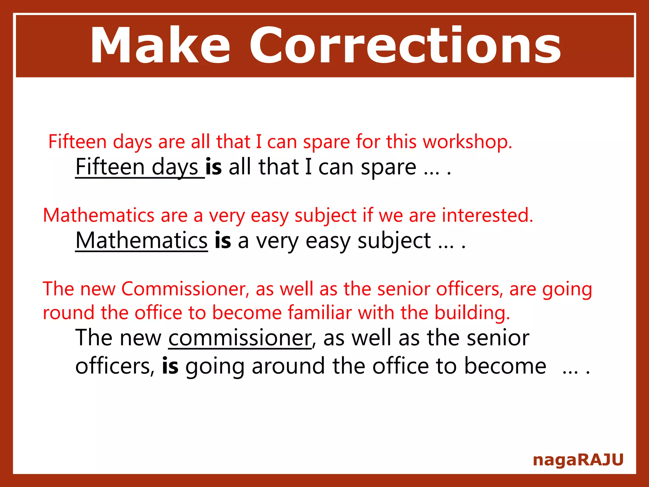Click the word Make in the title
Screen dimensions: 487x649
[x=160, y=46]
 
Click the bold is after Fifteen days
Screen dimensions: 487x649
[x=213, y=167]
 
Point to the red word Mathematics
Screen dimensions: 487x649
[x=99, y=215]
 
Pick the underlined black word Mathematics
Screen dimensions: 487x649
[x=141, y=241]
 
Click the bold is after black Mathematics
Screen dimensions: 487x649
[x=222, y=241]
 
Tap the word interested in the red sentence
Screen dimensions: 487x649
[x=487, y=215]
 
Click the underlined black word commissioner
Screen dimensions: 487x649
[x=240, y=338]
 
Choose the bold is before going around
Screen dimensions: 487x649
[x=170, y=366]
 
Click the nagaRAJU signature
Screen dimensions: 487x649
[x=578, y=460]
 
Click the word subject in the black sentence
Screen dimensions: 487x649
[x=394, y=241]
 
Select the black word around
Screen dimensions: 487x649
[x=288, y=366]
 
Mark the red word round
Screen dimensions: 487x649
[x=68, y=313]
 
